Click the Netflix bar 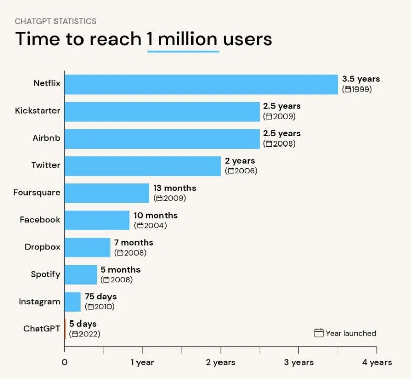click(x=201, y=84)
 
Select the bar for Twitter click(x=143, y=166)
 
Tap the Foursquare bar click(x=107, y=193)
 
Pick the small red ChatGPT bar click(x=65, y=329)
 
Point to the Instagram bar click(x=73, y=302)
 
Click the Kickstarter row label click(x=37, y=111)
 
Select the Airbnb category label click(x=45, y=138)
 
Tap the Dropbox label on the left click(x=42, y=247)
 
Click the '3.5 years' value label click(x=361, y=79)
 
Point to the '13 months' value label click(x=175, y=188)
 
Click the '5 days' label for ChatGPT click(x=83, y=324)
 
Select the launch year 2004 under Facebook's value click(x=154, y=225)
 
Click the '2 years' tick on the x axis click(x=221, y=362)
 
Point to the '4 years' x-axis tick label click(x=377, y=362)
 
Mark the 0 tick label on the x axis click(x=64, y=362)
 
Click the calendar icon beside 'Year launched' click(x=319, y=333)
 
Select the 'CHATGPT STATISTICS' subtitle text click(x=56, y=21)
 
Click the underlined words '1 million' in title click(x=183, y=39)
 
